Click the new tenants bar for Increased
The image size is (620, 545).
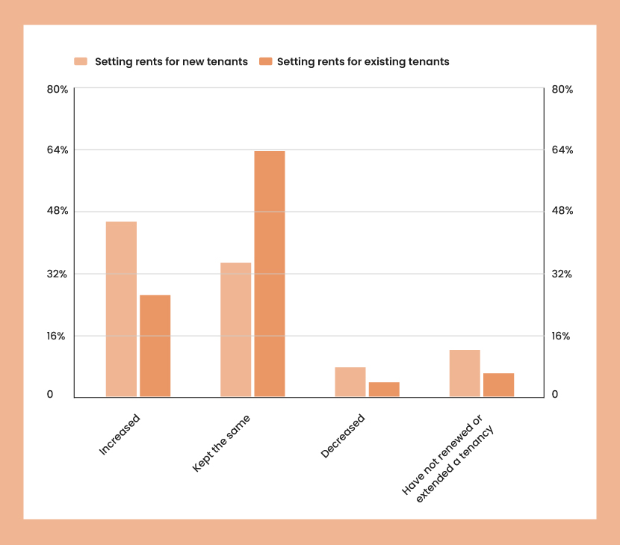pos(121,309)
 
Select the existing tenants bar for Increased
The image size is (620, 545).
pos(155,345)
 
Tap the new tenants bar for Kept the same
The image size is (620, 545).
pos(235,330)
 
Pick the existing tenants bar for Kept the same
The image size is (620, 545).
pos(270,274)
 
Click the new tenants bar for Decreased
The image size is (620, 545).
pos(350,381)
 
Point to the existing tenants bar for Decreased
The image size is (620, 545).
pos(384,389)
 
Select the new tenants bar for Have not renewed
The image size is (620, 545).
pos(465,373)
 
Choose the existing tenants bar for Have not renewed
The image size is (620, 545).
pos(498,384)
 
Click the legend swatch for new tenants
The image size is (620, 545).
pos(81,61)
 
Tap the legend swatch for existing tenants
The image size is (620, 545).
pos(264,61)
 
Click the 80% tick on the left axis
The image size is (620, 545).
pos(58,89)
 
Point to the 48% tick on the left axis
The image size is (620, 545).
pos(58,211)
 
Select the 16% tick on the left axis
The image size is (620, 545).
pos(58,336)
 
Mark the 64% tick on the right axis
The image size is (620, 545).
pos(562,150)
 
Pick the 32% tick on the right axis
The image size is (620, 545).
pos(562,274)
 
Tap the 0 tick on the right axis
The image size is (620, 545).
pos(555,394)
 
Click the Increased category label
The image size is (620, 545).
pos(120,434)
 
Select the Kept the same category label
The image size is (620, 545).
pos(221,443)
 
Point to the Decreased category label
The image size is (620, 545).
pos(343,436)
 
